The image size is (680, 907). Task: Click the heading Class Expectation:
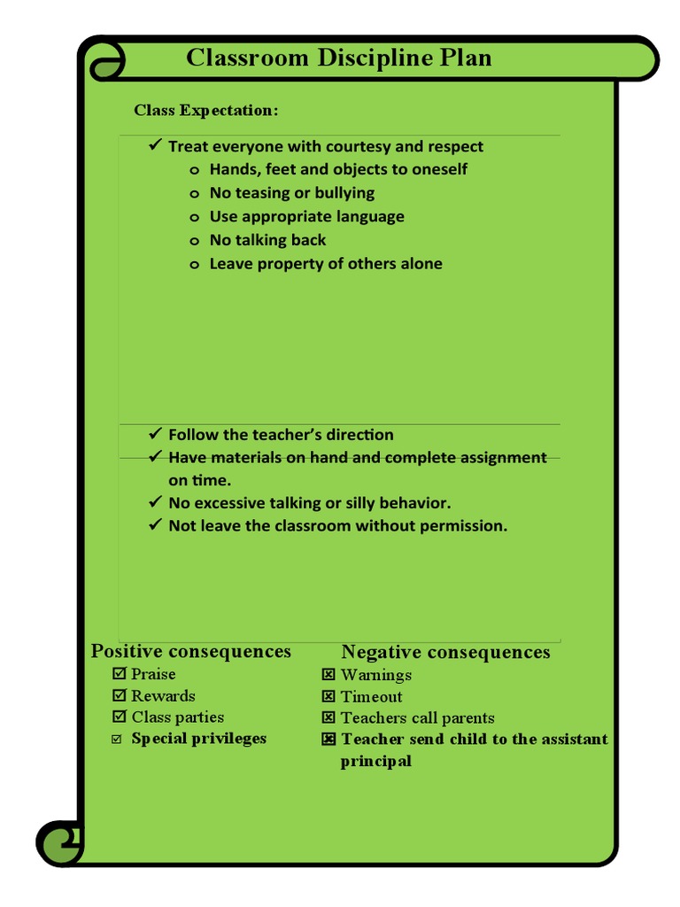(x=206, y=111)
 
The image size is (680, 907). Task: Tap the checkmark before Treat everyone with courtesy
(x=155, y=145)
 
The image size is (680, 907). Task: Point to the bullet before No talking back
(x=195, y=241)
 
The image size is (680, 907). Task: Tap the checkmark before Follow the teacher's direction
(x=155, y=433)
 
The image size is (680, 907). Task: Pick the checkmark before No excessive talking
(x=155, y=502)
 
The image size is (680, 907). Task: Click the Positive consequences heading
(x=191, y=652)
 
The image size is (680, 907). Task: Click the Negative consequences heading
(x=445, y=653)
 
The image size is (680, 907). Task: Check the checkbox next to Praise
(x=120, y=674)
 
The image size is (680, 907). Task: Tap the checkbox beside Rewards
(x=120, y=695)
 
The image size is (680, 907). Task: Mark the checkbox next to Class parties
(x=120, y=717)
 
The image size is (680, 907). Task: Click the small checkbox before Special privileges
(x=117, y=740)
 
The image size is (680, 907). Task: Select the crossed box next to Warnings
(x=328, y=675)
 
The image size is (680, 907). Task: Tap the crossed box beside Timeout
(x=328, y=696)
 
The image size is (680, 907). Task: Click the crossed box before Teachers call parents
(x=328, y=717)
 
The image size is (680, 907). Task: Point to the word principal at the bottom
(x=376, y=762)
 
